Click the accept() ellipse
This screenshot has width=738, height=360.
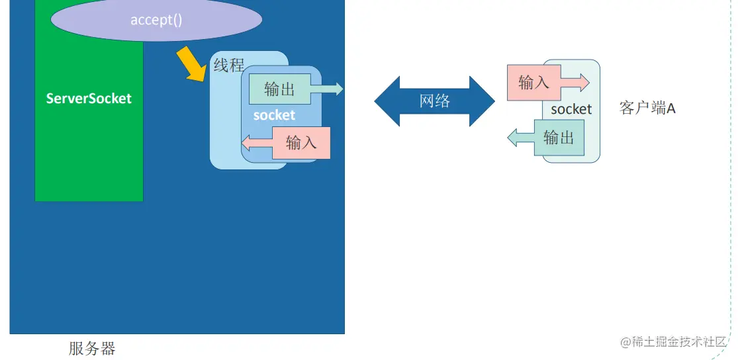[156, 20]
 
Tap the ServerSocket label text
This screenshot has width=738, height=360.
[89, 99]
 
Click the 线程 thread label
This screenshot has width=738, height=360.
[228, 66]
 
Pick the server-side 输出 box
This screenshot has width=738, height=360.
[280, 89]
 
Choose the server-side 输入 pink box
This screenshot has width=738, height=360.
[301, 142]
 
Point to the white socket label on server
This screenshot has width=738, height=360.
[274, 115]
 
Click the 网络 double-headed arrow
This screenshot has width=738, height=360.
[434, 101]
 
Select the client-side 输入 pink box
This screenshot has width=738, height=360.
[533, 83]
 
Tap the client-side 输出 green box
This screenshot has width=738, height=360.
[559, 138]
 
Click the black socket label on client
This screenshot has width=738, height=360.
[571, 109]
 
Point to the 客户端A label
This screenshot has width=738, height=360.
[647, 109]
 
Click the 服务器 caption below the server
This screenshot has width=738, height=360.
[92, 348]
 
